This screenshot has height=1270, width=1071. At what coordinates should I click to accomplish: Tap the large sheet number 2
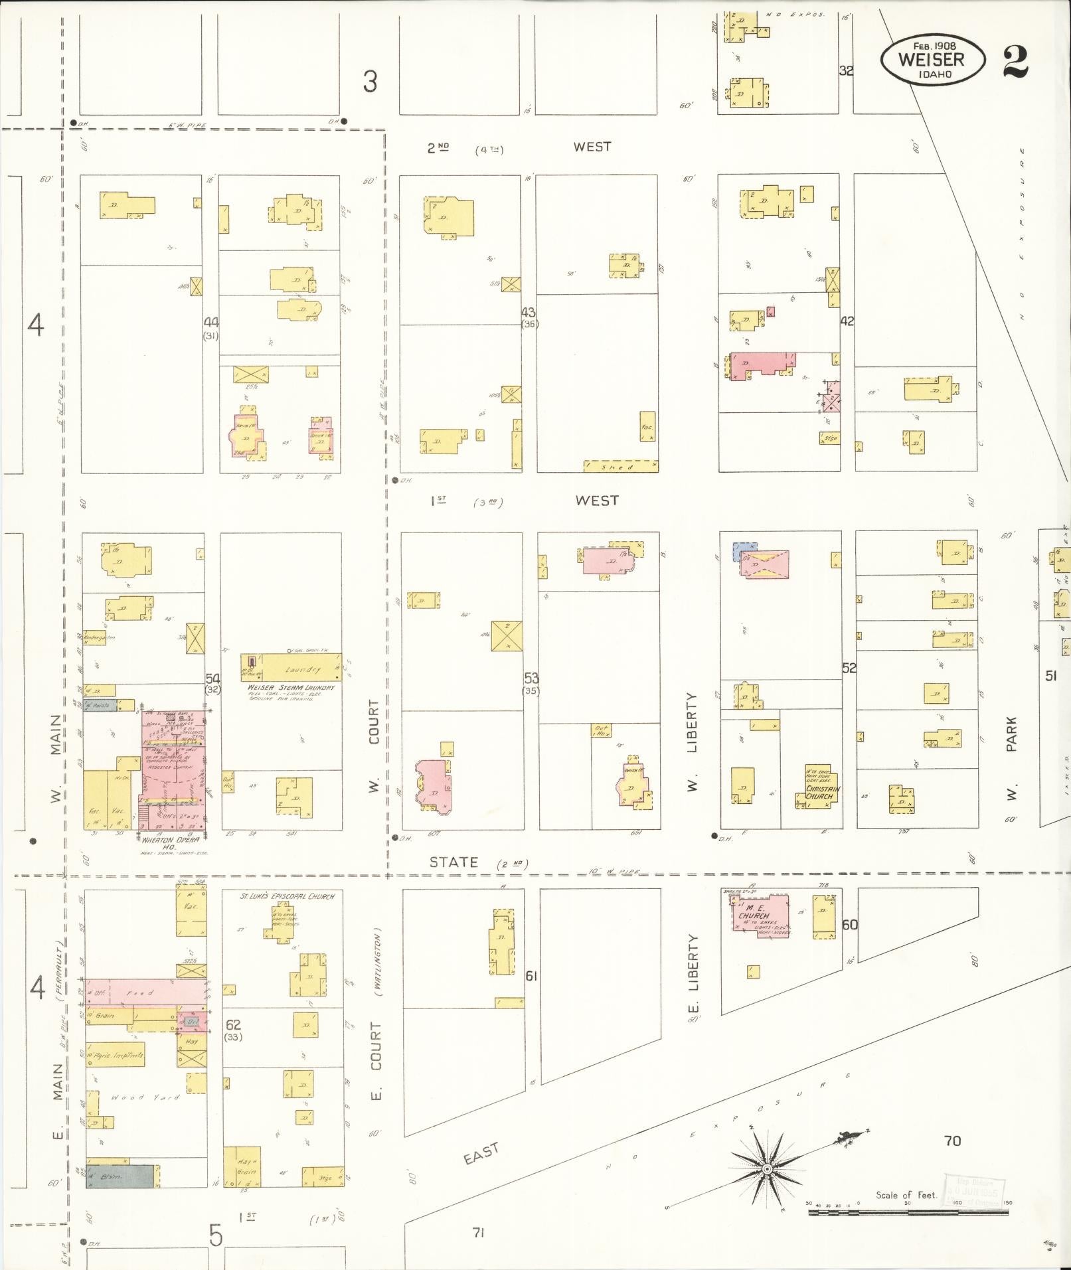coord(1015,62)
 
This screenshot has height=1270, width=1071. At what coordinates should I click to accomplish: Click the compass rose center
coord(767,1168)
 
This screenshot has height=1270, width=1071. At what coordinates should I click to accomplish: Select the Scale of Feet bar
coord(907,1212)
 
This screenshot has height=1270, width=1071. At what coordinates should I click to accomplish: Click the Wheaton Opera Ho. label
coord(171,840)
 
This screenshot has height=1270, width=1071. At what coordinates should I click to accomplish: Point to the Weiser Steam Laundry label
coord(291,687)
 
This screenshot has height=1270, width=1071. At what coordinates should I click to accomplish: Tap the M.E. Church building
coord(760,916)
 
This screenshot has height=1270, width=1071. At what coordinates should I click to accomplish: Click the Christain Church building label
coord(822,792)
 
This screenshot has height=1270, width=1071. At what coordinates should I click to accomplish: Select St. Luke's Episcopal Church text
coord(287,896)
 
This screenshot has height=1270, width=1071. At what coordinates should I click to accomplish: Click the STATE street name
coord(453,862)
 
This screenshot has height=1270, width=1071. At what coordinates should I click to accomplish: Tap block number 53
coord(531,678)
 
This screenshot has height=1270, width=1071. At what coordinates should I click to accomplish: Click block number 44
coord(211,322)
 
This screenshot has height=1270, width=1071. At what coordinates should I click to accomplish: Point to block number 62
coord(232,1025)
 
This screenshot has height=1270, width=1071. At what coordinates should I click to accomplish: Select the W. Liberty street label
coord(693,742)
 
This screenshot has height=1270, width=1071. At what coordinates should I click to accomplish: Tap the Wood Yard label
coord(136,1097)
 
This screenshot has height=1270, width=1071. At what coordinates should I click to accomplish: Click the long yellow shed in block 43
coord(620,466)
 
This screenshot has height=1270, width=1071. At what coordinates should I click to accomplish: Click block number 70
coord(952,1141)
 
